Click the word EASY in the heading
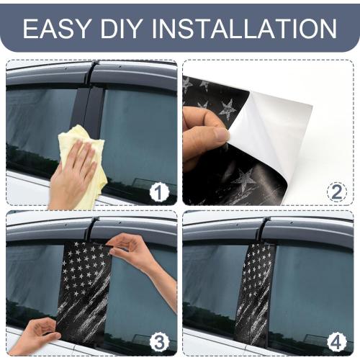pyautogui.click(x=57, y=28)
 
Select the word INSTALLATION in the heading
pyautogui.click(x=245, y=28)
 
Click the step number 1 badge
pyautogui.click(x=159, y=192)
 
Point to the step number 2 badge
pyautogui.click(x=337, y=192)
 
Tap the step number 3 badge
pyautogui.click(x=159, y=342)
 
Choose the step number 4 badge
pyautogui.click(x=337, y=342)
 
